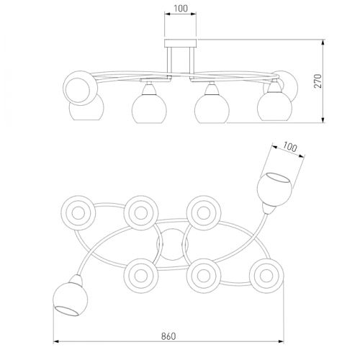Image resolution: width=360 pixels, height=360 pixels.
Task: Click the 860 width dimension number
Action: coord(168,336)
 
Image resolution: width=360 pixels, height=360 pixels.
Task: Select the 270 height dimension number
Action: coord(318,81)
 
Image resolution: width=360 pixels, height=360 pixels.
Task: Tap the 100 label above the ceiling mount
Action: coord(181,9)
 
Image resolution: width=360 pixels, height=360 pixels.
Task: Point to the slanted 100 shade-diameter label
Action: coord(289,147)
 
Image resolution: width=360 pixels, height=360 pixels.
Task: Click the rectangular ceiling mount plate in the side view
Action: coord(180,43)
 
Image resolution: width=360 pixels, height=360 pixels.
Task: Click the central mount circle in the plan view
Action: coord(172,245)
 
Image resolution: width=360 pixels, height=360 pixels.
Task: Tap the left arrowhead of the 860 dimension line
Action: coord(56,341)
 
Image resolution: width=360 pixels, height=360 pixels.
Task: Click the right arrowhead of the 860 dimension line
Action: coord(281,341)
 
